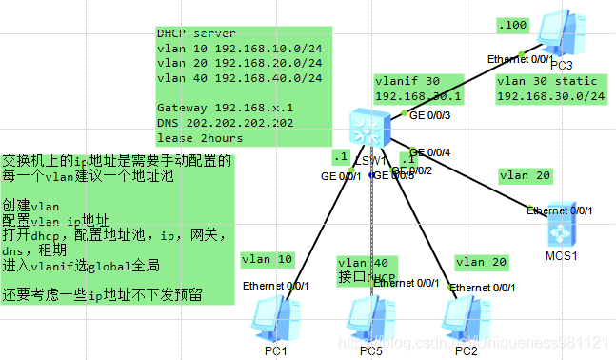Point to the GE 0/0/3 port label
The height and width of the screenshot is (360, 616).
[x=428, y=115]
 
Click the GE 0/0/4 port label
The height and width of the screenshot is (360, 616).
[x=429, y=152]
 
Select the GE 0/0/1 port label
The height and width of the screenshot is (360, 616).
[x=341, y=177]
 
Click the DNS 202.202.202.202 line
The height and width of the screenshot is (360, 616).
[x=226, y=123]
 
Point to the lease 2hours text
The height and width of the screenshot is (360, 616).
[x=200, y=138]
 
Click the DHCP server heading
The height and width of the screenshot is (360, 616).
[x=196, y=33]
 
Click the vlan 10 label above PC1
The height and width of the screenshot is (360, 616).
[x=268, y=258]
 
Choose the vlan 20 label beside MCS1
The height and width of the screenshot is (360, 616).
[x=525, y=175]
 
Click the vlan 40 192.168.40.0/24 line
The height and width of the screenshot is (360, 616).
[x=239, y=78]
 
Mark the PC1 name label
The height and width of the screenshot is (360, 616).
[x=275, y=351]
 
